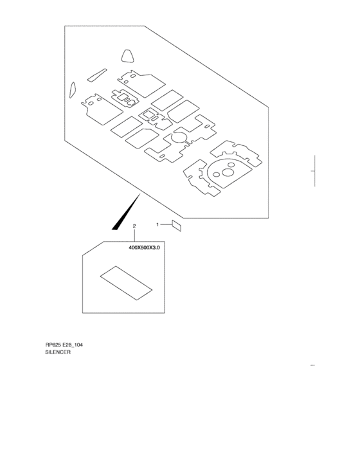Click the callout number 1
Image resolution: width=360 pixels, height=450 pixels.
pyautogui.click(x=157, y=224)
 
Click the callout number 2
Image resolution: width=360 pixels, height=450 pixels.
pyautogui.click(x=134, y=226)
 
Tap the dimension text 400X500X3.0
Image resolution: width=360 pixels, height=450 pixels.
pyautogui.click(x=144, y=248)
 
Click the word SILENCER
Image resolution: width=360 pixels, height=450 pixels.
pyautogui.click(x=58, y=352)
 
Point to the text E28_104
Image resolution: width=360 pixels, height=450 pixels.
pyautogui.click(x=73, y=345)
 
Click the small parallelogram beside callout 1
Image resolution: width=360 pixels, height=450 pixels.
pyautogui.click(x=176, y=226)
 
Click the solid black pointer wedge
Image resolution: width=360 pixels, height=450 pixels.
pyautogui.click(x=126, y=212)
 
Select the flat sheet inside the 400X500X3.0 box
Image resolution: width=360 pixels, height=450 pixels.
pyautogui.click(x=126, y=283)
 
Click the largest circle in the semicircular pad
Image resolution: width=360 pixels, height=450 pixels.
pyautogui.click(x=228, y=172)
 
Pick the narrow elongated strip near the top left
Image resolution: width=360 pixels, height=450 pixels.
pyautogui.click(x=96, y=75)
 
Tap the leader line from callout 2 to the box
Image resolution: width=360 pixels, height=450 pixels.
pyautogui.click(x=134, y=235)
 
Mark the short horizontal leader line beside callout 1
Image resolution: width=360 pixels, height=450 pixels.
pyautogui.click(x=166, y=224)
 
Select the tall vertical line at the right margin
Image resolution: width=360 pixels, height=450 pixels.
pyautogui.click(x=314, y=171)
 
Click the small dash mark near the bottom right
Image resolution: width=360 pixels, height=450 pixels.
pyautogui.click(x=312, y=365)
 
